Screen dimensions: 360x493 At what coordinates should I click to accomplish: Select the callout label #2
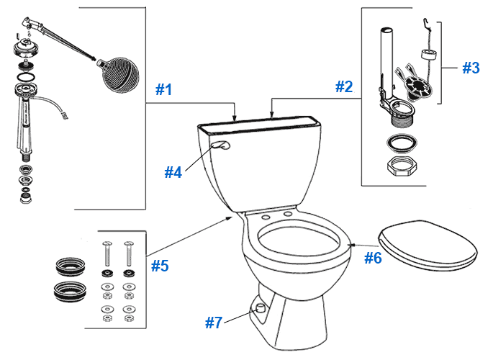click(344, 87)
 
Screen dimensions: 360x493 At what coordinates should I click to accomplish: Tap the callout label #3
click(470, 68)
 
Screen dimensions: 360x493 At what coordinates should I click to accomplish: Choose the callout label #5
click(160, 266)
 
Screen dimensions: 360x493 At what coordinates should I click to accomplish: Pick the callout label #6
click(372, 257)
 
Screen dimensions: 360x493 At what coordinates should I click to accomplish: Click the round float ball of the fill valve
click(115, 68)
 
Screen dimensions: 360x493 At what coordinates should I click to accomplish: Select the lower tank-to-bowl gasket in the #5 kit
click(70, 292)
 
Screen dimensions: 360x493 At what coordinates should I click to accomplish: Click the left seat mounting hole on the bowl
click(267, 216)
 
